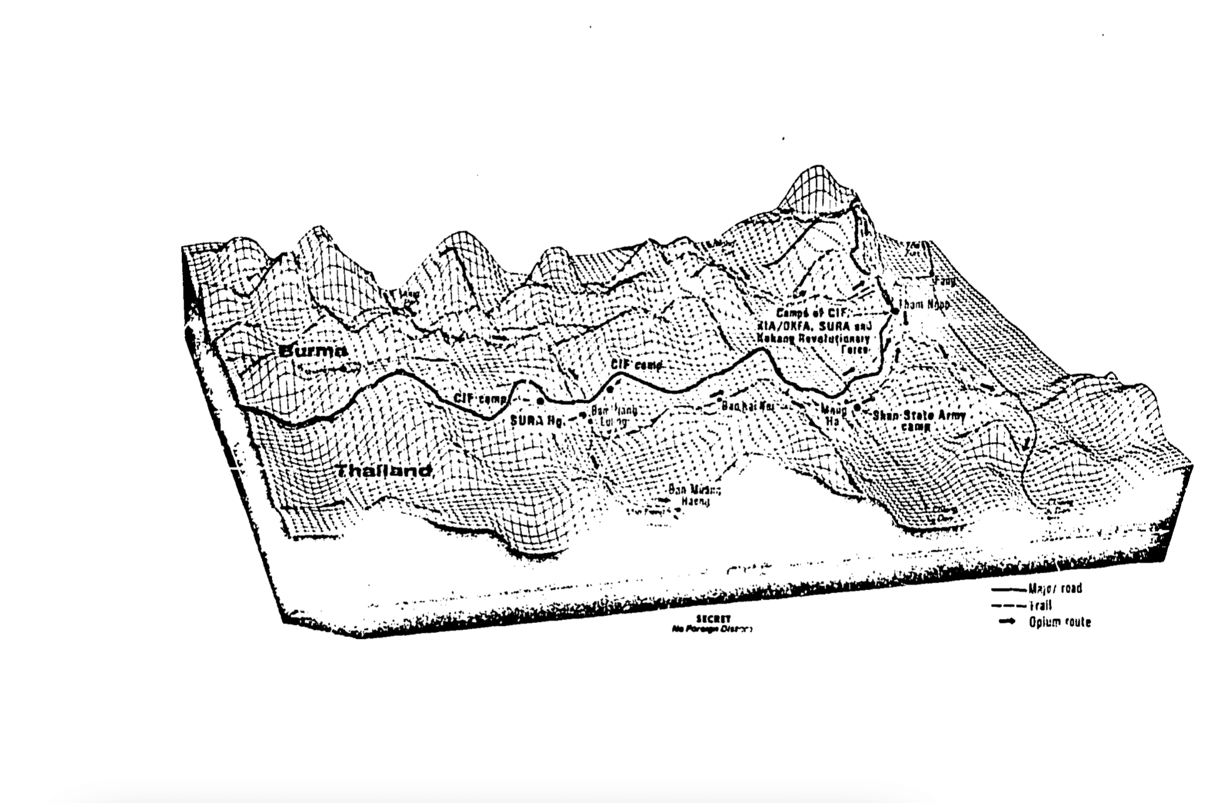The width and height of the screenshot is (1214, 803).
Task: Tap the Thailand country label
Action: pyautogui.click(x=384, y=471)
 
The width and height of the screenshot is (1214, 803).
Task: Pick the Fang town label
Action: pyautogui.click(x=945, y=281)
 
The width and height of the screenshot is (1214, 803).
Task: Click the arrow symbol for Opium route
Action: pyautogui.click(x=1007, y=622)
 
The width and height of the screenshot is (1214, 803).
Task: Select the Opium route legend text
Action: pyautogui.click(x=1060, y=622)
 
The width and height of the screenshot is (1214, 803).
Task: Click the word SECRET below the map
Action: pyautogui.click(x=713, y=619)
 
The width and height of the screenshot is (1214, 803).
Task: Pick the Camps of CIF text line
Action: pyautogui.click(x=809, y=313)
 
